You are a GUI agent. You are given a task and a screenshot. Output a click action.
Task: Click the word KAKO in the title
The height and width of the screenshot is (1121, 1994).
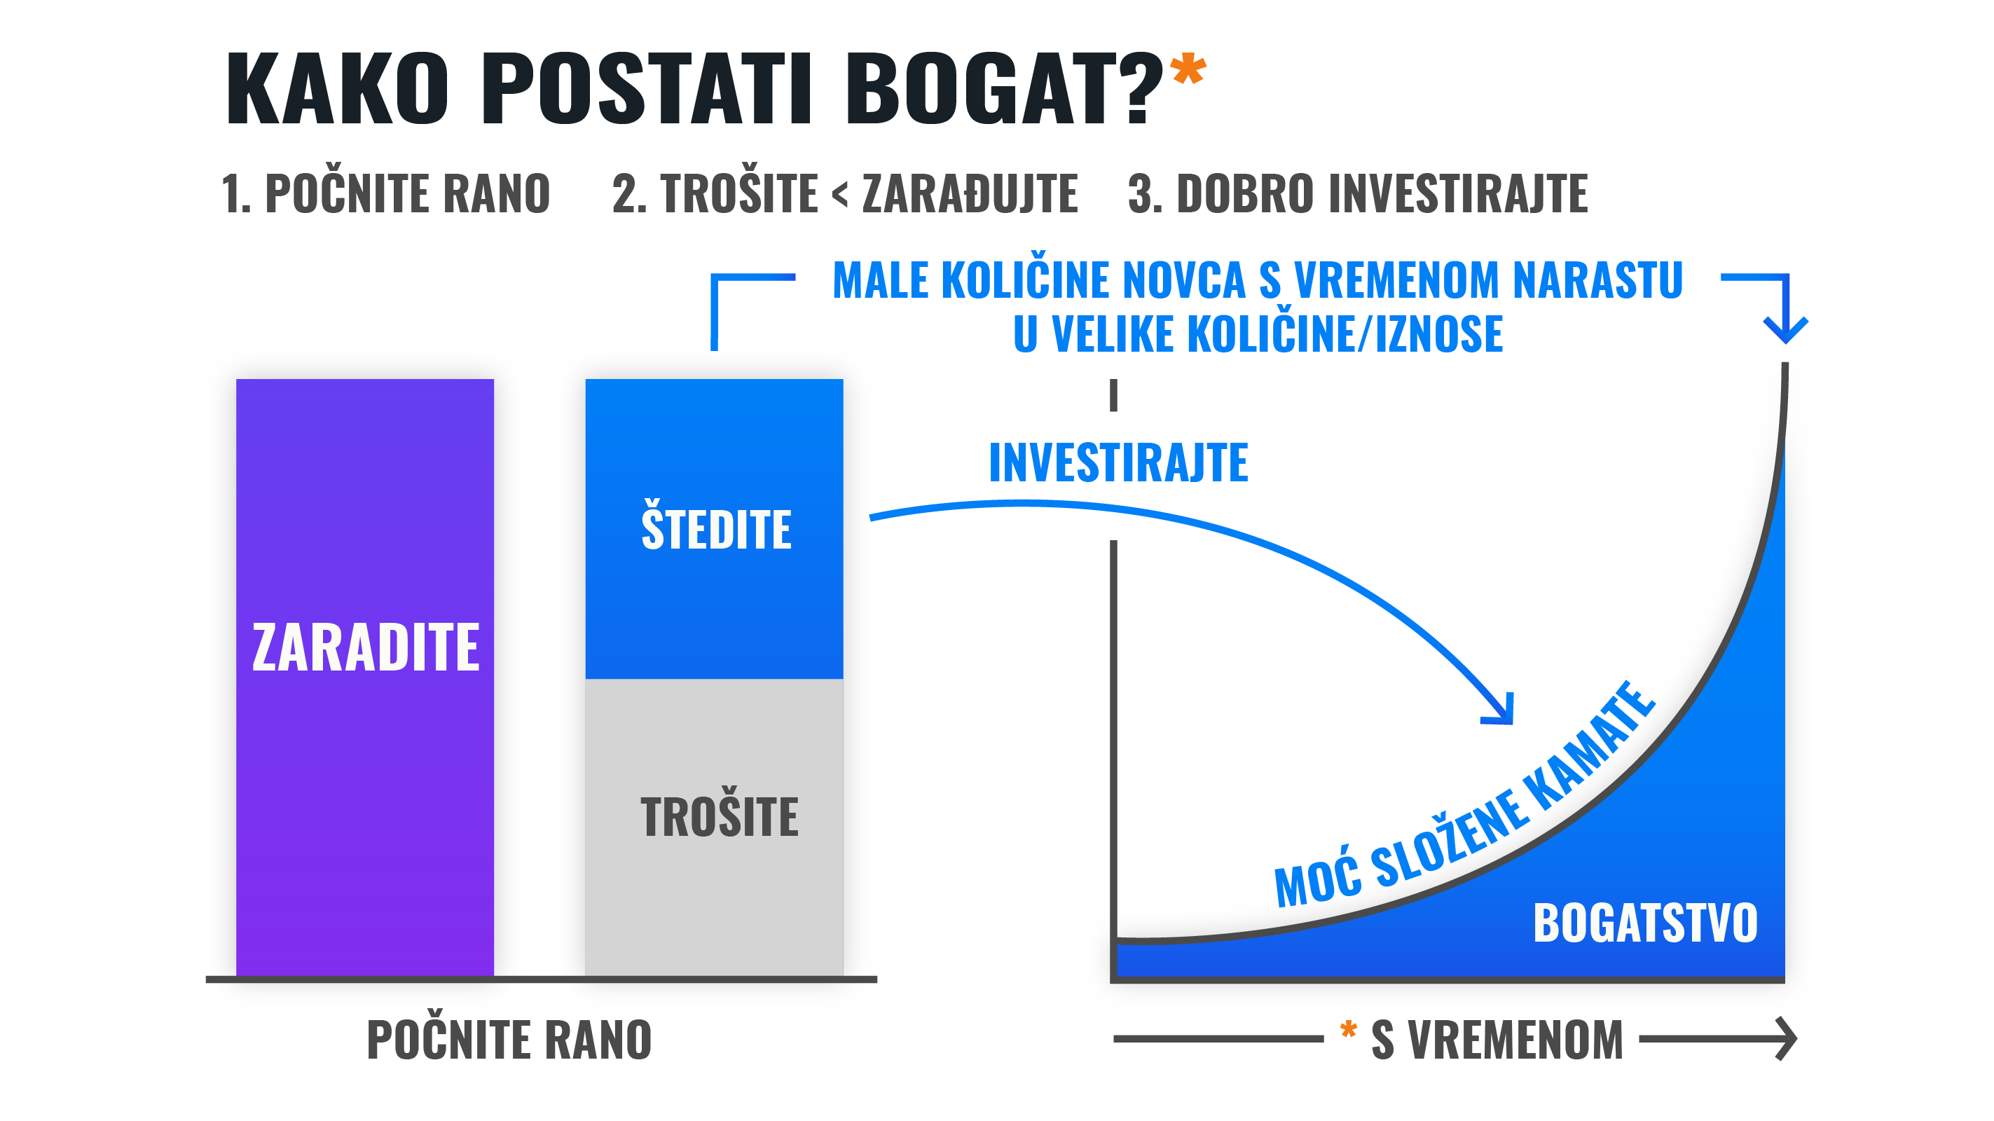tap(337, 88)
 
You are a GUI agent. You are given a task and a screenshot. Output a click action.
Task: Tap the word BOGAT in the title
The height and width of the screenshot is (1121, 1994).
tap(986, 88)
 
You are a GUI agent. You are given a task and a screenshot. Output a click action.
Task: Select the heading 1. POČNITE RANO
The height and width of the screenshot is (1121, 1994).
tap(385, 193)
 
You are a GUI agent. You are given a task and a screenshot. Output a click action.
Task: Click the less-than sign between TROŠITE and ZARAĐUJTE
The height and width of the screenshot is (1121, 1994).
tap(840, 194)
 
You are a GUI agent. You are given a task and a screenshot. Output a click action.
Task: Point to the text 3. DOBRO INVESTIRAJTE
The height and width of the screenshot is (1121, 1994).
tap(1358, 193)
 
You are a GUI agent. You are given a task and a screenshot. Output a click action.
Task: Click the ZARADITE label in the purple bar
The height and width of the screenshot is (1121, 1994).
tap(365, 647)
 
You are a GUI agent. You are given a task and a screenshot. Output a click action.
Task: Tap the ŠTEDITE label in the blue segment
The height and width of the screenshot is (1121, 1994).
tap(716, 530)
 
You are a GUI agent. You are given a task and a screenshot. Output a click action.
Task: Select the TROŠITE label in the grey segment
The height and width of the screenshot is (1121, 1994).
tap(719, 817)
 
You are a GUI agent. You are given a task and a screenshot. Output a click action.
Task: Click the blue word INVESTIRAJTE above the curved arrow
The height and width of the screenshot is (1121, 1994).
tap(1118, 463)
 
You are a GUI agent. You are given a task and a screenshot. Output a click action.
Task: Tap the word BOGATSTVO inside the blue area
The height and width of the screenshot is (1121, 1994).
tap(1645, 923)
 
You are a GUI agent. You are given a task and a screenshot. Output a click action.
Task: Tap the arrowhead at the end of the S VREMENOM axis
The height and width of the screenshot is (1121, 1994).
tap(1788, 1038)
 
